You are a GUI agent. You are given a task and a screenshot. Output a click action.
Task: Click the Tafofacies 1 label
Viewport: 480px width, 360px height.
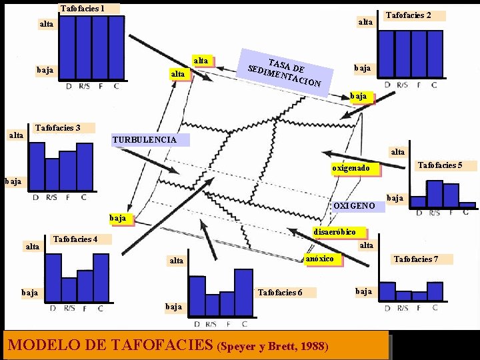tap(83, 9)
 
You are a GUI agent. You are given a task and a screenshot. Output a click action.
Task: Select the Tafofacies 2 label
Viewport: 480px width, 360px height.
tap(409, 15)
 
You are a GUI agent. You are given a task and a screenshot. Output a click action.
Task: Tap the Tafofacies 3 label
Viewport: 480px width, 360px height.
tap(57, 127)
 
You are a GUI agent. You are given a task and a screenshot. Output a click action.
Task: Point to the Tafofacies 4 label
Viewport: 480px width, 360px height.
tap(75, 239)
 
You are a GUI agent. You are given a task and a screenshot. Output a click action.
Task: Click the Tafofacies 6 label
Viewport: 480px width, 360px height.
tap(280, 292)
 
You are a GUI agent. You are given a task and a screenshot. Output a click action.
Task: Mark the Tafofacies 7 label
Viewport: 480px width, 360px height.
tap(416, 259)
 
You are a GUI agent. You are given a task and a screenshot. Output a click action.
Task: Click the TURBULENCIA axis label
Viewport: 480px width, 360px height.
tap(145, 140)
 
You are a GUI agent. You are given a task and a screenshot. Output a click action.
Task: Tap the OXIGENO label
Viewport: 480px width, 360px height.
tap(355, 205)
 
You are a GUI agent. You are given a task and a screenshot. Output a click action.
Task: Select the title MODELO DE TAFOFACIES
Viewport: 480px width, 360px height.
tap(110, 345)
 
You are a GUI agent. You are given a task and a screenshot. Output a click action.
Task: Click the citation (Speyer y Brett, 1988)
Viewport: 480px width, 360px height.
tap(273, 347)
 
